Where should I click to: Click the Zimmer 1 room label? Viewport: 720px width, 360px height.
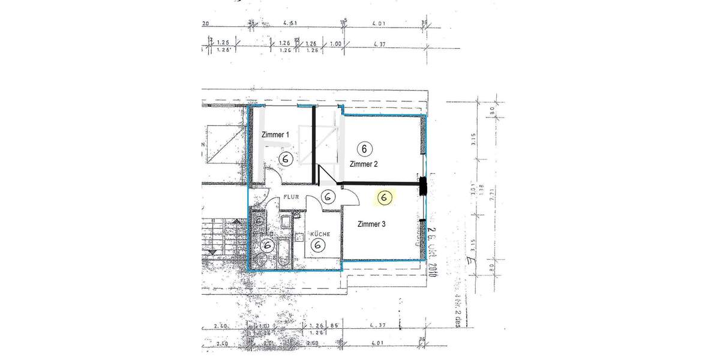[275, 135]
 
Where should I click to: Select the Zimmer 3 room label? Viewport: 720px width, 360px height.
[371, 224]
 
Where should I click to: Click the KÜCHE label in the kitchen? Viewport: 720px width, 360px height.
[320, 233]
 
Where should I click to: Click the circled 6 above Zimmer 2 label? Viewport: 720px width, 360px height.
[363, 148]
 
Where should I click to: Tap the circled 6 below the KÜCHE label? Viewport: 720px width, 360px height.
[319, 245]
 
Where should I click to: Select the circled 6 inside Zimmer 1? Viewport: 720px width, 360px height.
[286, 158]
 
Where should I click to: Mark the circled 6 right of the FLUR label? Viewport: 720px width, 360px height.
[328, 197]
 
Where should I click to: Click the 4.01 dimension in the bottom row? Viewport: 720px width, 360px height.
[378, 344]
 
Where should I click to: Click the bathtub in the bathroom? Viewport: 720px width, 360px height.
[283, 247]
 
